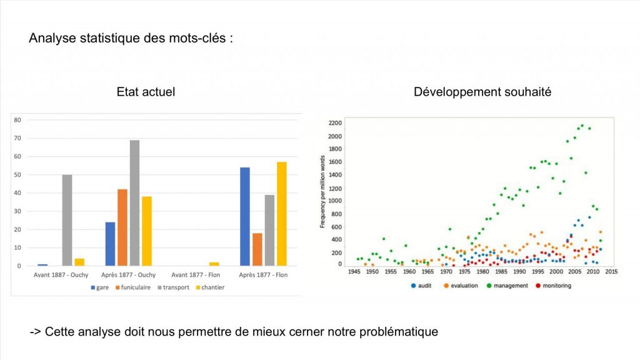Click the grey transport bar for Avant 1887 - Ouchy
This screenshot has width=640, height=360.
(67, 220)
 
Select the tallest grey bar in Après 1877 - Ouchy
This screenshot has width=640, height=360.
(134, 203)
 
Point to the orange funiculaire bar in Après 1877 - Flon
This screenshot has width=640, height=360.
(257, 249)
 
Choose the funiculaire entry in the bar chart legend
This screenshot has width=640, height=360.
(134, 287)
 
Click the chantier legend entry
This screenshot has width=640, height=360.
(211, 287)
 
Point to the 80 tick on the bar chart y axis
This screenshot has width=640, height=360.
(17, 120)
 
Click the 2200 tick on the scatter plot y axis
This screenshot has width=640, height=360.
(336, 122)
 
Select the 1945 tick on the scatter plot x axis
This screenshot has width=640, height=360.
(354, 272)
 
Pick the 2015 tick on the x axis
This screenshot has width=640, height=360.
(611, 272)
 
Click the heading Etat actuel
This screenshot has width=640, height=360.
(146, 92)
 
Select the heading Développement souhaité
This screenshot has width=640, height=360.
(482, 92)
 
